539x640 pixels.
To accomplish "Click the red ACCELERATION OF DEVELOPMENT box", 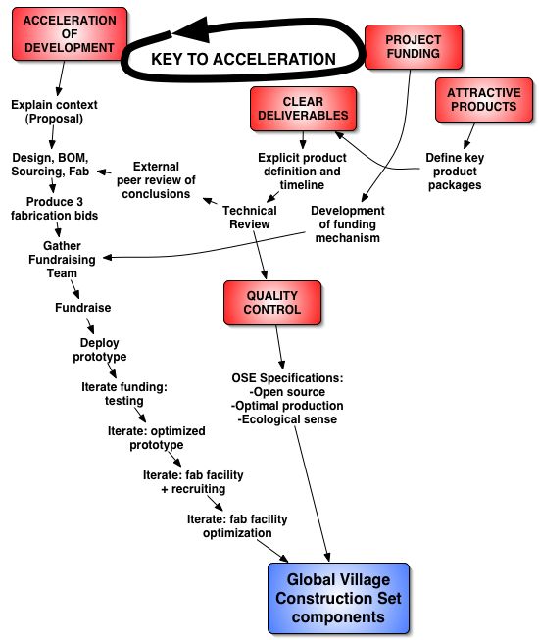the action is click(70, 34).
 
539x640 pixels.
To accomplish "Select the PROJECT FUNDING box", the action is click(413, 47).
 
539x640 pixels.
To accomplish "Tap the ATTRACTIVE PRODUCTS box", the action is click(484, 100).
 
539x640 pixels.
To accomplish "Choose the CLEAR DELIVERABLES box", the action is click(303, 109).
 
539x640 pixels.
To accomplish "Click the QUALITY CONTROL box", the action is click(272, 303).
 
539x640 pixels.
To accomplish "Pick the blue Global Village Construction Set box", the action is click(338, 598).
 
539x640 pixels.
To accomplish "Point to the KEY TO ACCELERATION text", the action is click(243, 59).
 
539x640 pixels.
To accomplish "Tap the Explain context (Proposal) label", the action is click(54, 112).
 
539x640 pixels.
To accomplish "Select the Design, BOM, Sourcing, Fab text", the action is click(50, 164).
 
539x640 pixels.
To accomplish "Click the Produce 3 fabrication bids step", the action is click(54, 208).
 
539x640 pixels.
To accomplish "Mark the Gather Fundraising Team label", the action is click(62, 259).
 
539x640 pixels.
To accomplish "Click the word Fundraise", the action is click(83, 308).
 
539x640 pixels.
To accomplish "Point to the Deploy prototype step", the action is click(100, 350).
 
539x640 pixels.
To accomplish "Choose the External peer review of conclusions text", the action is click(156, 180).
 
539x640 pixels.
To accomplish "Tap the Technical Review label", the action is click(249, 218).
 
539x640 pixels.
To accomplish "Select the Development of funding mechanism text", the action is click(347, 224).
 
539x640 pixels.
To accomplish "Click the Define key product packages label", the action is click(455, 172).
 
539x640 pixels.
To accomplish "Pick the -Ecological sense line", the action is click(287, 419).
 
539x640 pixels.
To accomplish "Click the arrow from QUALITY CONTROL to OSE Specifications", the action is click(279, 347).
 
